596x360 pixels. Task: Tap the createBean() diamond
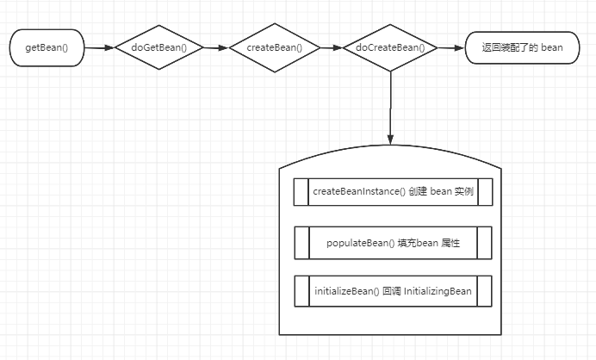(275, 47)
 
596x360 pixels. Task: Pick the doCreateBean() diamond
(390, 47)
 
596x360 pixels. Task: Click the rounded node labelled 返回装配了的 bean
(516, 47)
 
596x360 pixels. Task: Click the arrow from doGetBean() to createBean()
(216, 47)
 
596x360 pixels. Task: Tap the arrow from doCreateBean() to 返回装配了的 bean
(450, 47)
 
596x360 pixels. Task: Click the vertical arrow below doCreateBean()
(390, 108)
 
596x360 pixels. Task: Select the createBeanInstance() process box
(393, 191)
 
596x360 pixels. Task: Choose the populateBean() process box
(393, 243)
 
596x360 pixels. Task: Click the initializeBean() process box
(393, 291)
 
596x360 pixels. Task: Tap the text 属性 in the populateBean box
(450, 243)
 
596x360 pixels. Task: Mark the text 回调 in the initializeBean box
(389, 291)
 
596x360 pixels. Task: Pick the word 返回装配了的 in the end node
(506, 47)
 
